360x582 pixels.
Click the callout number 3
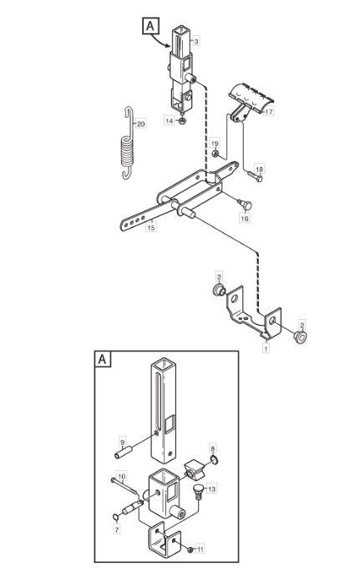pyautogui.click(x=196, y=41)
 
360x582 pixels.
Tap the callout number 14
pyautogui.click(x=170, y=121)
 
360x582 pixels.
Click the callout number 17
pyautogui.click(x=269, y=111)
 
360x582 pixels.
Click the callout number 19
pyautogui.click(x=215, y=144)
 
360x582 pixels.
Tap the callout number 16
pyautogui.click(x=245, y=219)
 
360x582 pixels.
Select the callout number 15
pyautogui.click(x=150, y=227)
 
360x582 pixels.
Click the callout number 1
pyautogui.click(x=266, y=349)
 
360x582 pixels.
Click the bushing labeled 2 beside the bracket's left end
pyautogui.click(x=219, y=290)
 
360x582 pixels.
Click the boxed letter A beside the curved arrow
pyautogui.click(x=150, y=27)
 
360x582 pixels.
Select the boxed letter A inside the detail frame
pyautogui.click(x=103, y=359)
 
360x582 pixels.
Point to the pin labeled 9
pyautogui.click(x=124, y=454)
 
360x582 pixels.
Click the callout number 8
pyautogui.click(x=213, y=448)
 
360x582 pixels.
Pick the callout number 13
pyautogui.click(x=211, y=489)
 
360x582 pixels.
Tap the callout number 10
pyautogui.click(x=122, y=476)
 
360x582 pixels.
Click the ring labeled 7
pyautogui.click(x=116, y=518)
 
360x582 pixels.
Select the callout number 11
pyautogui.click(x=200, y=549)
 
